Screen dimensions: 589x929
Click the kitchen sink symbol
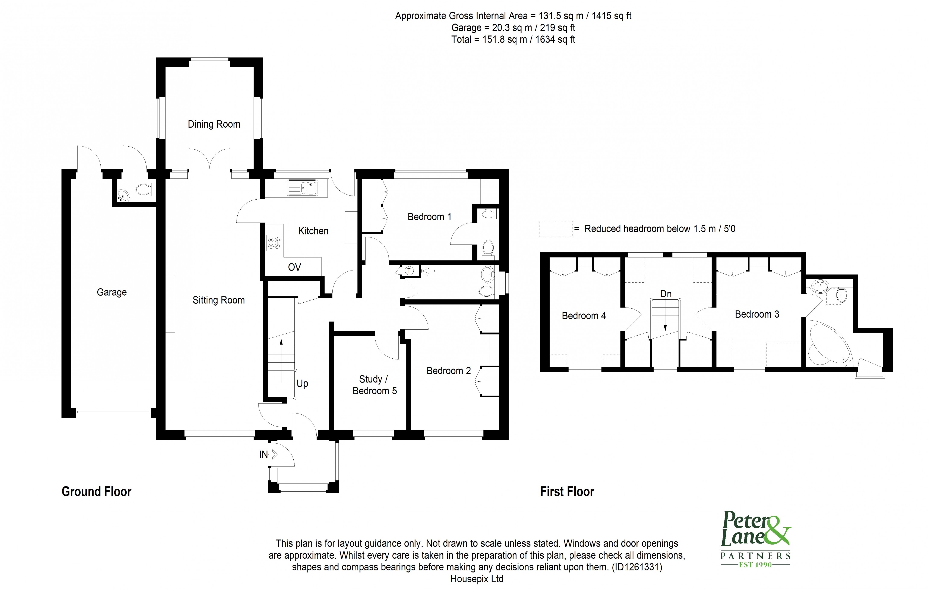pyautogui.click(x=303, y=188)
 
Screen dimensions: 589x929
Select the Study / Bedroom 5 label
pyautogui.click(x=374, y=385)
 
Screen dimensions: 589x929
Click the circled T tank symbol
pyautogui.click(x=409, y=271)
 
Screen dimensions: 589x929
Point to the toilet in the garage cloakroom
pyautogui.click(x=143, y=189)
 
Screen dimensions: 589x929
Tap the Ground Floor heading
pyautogui.click(x=97, y=492)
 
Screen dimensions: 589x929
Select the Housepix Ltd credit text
pyautogui.click(x=477, y=579)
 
